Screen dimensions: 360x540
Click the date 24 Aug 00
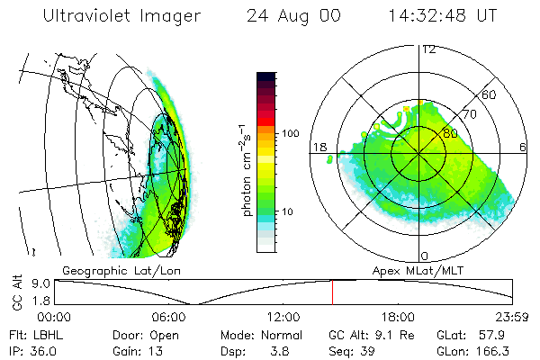click(289, 16)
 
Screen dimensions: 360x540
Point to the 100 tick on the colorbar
click(291, 133)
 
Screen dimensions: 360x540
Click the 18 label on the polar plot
click(318, 146)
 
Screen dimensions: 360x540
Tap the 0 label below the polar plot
click(425, 256)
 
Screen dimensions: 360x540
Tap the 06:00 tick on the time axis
click(169, 317)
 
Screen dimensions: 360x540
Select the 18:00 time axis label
click(398, 317)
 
